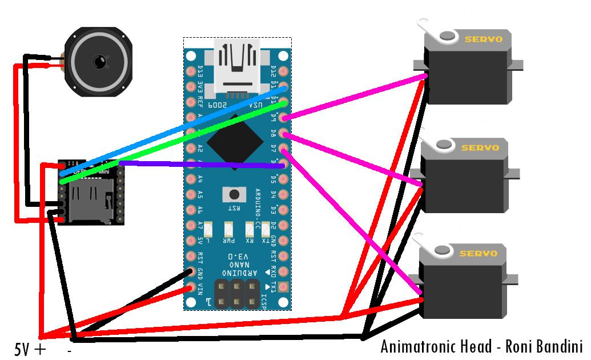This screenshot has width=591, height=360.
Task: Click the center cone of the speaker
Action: [x=100, y=61]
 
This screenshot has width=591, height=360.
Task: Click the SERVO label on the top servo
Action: [x=483, y=39]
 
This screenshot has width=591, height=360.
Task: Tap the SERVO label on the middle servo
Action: [x=480, y=147]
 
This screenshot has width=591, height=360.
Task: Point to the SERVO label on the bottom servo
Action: [x=479, y=253]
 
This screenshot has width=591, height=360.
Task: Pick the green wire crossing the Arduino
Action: [x=171, y=143]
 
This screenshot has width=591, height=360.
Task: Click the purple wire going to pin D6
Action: [x=200, y=165]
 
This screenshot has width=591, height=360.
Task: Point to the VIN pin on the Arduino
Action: [x=191, y=288]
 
